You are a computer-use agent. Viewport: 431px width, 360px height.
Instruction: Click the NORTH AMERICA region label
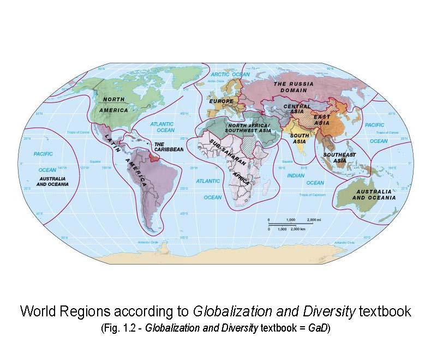tap(113, 104)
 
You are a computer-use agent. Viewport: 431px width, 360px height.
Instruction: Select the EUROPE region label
tap(220, 101)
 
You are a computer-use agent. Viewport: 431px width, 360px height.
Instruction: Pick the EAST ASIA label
tap(321, 120)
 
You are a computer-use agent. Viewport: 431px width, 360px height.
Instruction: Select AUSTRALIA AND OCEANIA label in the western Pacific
tap(52, 181)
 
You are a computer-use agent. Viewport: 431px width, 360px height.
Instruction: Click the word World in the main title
tap(39, 311)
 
